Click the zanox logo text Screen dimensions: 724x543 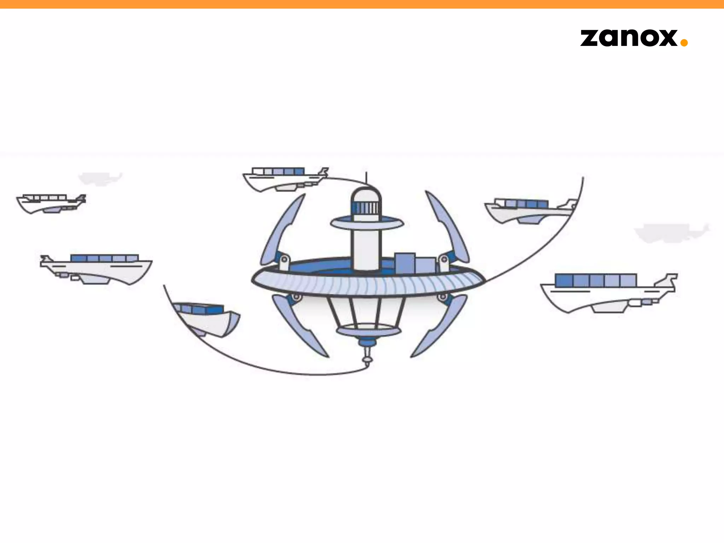629,38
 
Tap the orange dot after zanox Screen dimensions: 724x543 684,42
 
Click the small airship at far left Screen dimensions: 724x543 51,203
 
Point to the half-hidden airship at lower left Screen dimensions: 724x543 205,318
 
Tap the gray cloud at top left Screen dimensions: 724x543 100,178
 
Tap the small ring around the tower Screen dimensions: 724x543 367,223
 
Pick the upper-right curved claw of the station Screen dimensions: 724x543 447,226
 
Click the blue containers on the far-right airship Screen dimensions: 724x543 595,280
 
